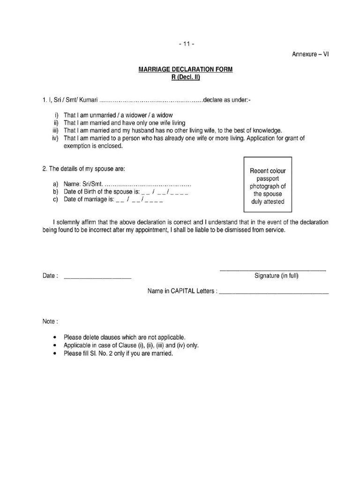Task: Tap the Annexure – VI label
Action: click(310, 54)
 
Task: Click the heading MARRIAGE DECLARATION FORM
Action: click(185, 70)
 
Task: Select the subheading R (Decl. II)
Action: click(185, 77)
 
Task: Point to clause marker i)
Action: click(57, 115)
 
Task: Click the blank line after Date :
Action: click(97, 277)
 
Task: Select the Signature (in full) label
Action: click(276, 276)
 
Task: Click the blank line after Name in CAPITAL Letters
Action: click(274, 292)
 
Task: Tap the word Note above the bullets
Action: click(50, 322)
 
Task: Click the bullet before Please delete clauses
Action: click(56, 337)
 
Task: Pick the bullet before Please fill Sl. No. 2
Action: click(56, 353)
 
